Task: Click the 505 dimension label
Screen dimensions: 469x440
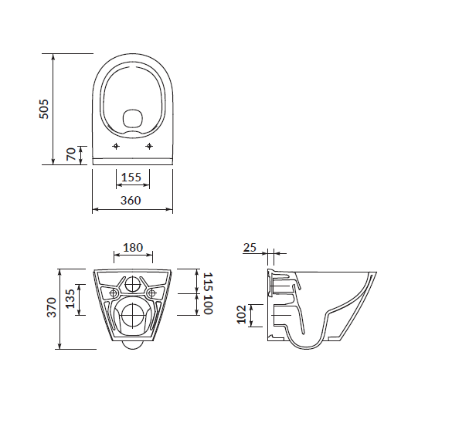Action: (44, 109)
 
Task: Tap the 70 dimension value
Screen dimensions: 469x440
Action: (72, 154)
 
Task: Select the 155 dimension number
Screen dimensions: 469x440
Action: (131, 178)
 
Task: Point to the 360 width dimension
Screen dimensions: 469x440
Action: (131, 200)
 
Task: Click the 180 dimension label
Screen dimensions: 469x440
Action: (133, 248)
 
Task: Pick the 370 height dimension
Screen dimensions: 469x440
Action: (52, 307)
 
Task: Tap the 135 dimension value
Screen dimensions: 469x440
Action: (70, 299)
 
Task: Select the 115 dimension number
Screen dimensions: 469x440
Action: (208, 282)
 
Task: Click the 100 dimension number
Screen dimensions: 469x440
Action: (208, 305)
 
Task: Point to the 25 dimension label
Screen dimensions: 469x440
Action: (250, 248)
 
